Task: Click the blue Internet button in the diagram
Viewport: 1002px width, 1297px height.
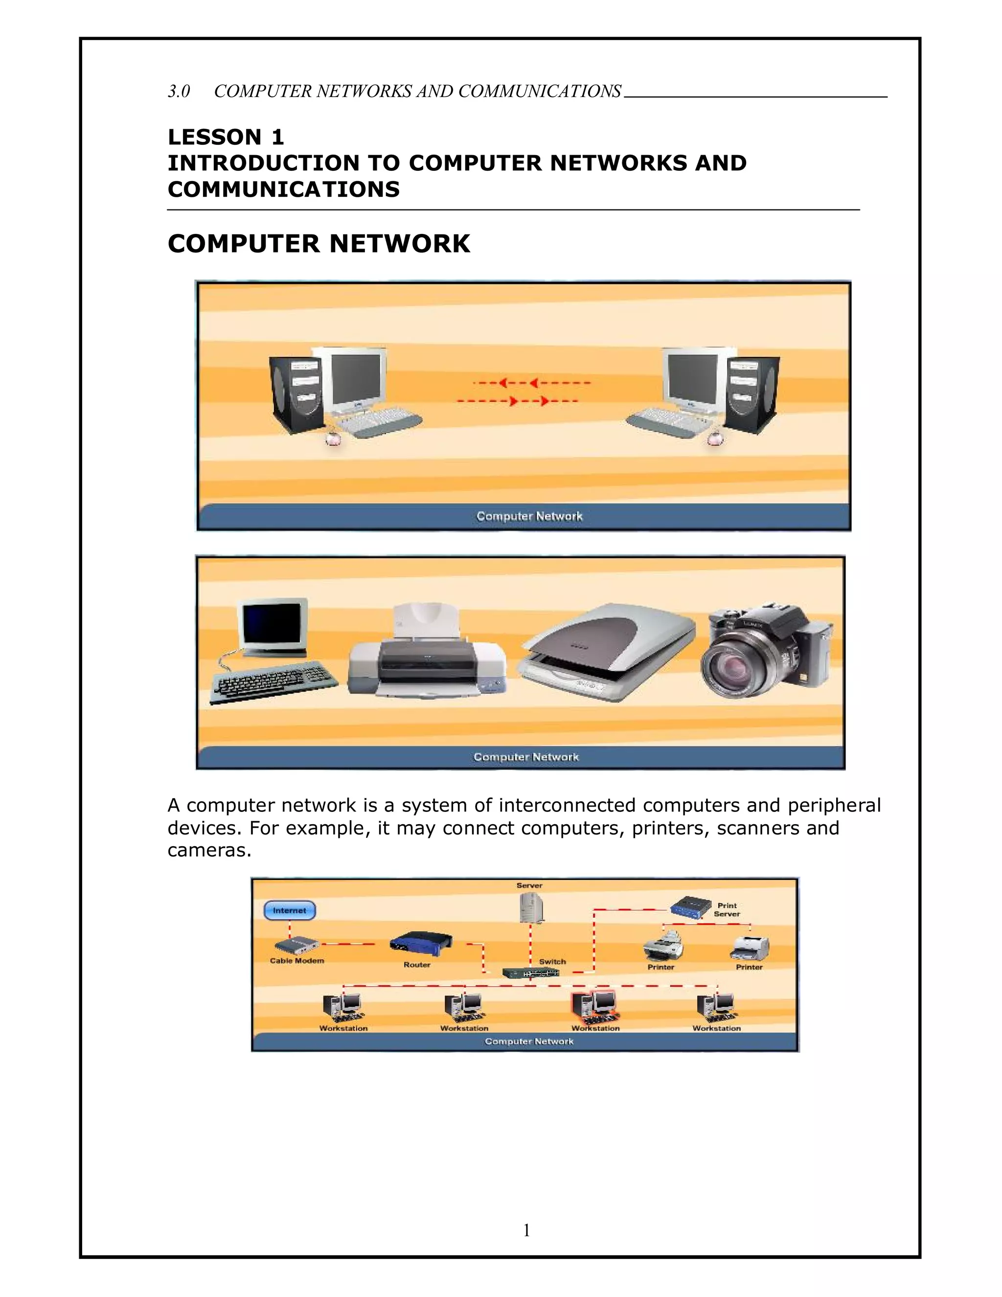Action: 289,910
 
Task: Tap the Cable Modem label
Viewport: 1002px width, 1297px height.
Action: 297,961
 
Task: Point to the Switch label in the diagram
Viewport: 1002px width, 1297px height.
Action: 552,961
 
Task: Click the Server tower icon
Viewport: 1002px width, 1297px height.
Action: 531,908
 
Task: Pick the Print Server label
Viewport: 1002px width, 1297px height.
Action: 727,910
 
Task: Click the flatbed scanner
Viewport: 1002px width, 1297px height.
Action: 606,653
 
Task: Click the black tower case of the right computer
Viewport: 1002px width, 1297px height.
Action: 753,395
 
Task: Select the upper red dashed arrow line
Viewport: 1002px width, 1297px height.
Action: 532,383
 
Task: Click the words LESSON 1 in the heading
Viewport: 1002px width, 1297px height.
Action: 226,137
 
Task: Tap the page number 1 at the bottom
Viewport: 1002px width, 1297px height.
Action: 526,1230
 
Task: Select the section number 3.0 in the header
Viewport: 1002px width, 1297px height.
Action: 179,92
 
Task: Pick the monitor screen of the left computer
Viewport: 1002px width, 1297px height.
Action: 354,379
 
